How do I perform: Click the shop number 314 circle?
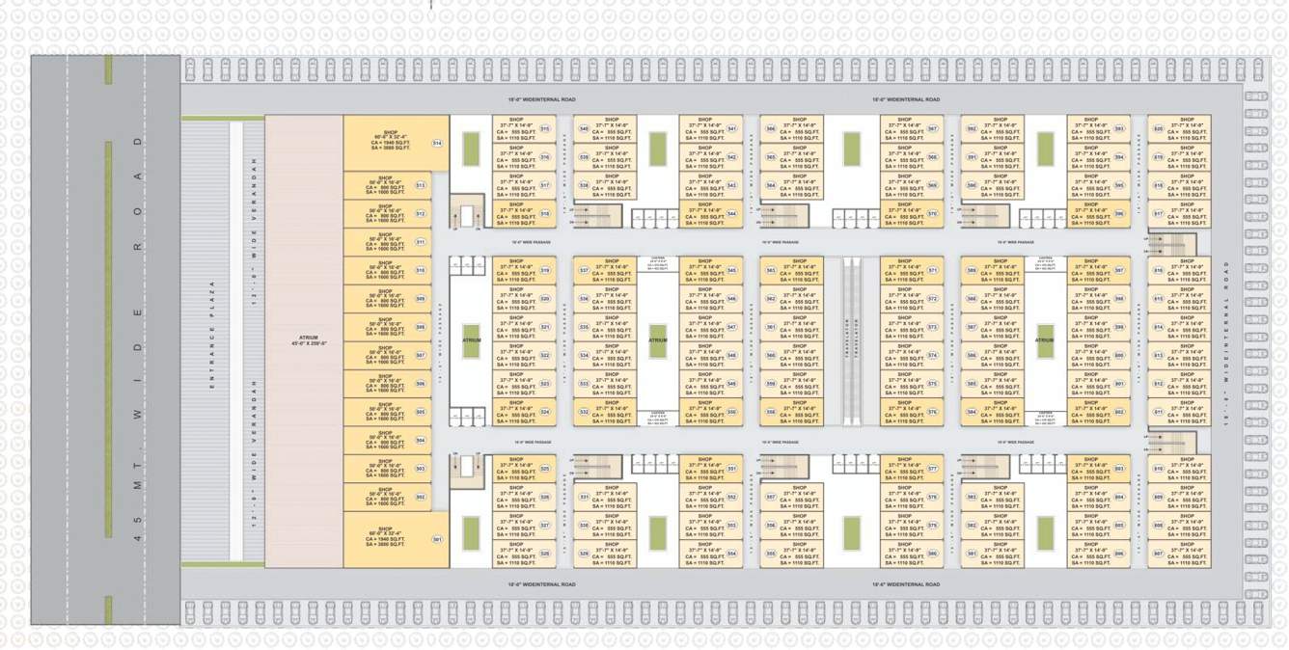pos(437,144)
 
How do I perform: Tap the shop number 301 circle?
pos(437,540)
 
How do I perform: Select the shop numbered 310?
pos(421,271)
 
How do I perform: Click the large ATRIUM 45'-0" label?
pos(308,339)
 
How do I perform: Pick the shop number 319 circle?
pos(545,271)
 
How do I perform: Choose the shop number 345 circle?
pos(732,271)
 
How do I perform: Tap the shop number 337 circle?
pos(584,271)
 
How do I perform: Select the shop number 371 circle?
pos(933,271)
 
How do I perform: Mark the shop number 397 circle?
pos(1119,271)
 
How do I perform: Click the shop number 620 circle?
pos(1158,129)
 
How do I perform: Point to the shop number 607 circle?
pos(1158,554)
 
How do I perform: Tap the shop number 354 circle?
pos(732,554)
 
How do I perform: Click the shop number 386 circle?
pos(933,554)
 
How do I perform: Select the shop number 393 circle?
pos(1119,129)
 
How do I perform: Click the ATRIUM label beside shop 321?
pos(471,340)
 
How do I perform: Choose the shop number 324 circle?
pos(545,412)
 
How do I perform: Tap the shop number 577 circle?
pos(933,470)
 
